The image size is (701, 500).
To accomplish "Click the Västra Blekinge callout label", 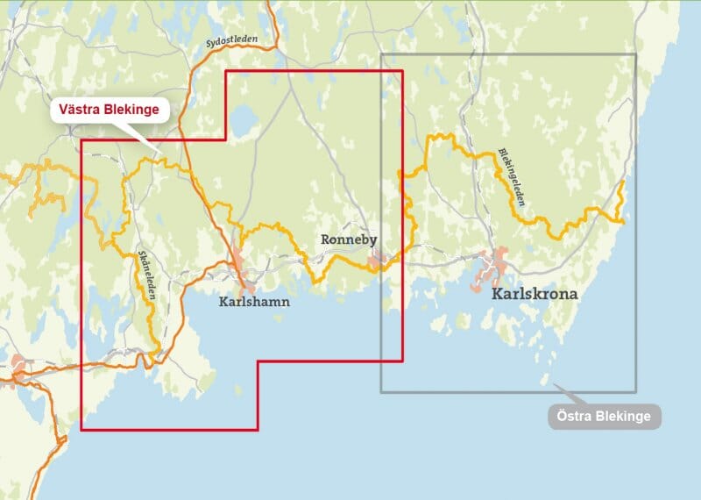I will pyautogui.click(x=110, y=111).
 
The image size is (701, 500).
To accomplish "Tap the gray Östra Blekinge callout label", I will pyautogui.click(x=604, y=417).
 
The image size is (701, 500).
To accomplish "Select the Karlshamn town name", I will pyautogui.click(x=253, y=302).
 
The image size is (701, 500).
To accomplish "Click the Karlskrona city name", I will pyautogui.click(x=535, y=294).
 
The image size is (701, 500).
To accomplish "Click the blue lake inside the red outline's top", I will pyautogui.click(x=243, y=117).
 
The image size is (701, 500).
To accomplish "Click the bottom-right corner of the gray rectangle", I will pyautogui.click(x=636, y=392).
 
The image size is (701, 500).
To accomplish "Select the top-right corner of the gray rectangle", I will pyautogui.click(x=636, y=54).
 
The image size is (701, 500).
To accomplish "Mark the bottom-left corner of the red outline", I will pyautogui.click(x=81, y=430).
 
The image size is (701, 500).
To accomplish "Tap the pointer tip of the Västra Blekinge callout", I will pyautogui.click(x=163, y=160).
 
